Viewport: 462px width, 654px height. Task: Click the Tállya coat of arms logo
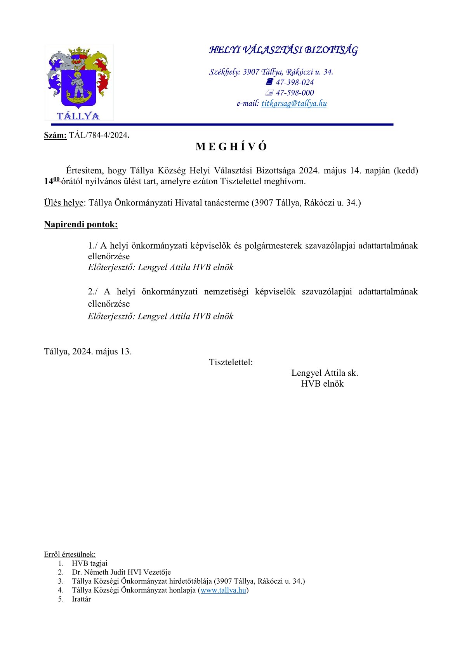[x=79, y=82]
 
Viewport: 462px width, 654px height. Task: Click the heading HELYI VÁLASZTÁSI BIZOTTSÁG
[x=283, y=50]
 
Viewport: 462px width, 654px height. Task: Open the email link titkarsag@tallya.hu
[x=294, y=103]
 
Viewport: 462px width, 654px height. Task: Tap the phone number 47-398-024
[x=295, y=82]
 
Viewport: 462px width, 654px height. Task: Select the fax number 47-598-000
[x=295, y=93]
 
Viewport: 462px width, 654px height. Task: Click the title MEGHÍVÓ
[x=231, y=147]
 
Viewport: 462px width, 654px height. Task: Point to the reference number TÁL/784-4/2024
[x=99, y=136]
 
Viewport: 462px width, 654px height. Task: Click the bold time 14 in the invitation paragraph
[x=48, y=181]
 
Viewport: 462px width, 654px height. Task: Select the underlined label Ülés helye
[x=64, y=203]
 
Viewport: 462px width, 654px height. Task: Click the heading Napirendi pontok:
[x=81, y=225]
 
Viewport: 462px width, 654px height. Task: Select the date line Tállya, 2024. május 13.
[x=88, y=352]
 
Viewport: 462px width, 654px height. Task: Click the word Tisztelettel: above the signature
[x=231, y=363]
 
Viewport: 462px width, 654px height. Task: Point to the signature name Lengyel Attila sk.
[x=325, y=373]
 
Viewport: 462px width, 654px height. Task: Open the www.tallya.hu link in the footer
[x=223, y=590]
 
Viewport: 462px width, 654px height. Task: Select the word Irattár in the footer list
[x=81, y=599]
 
